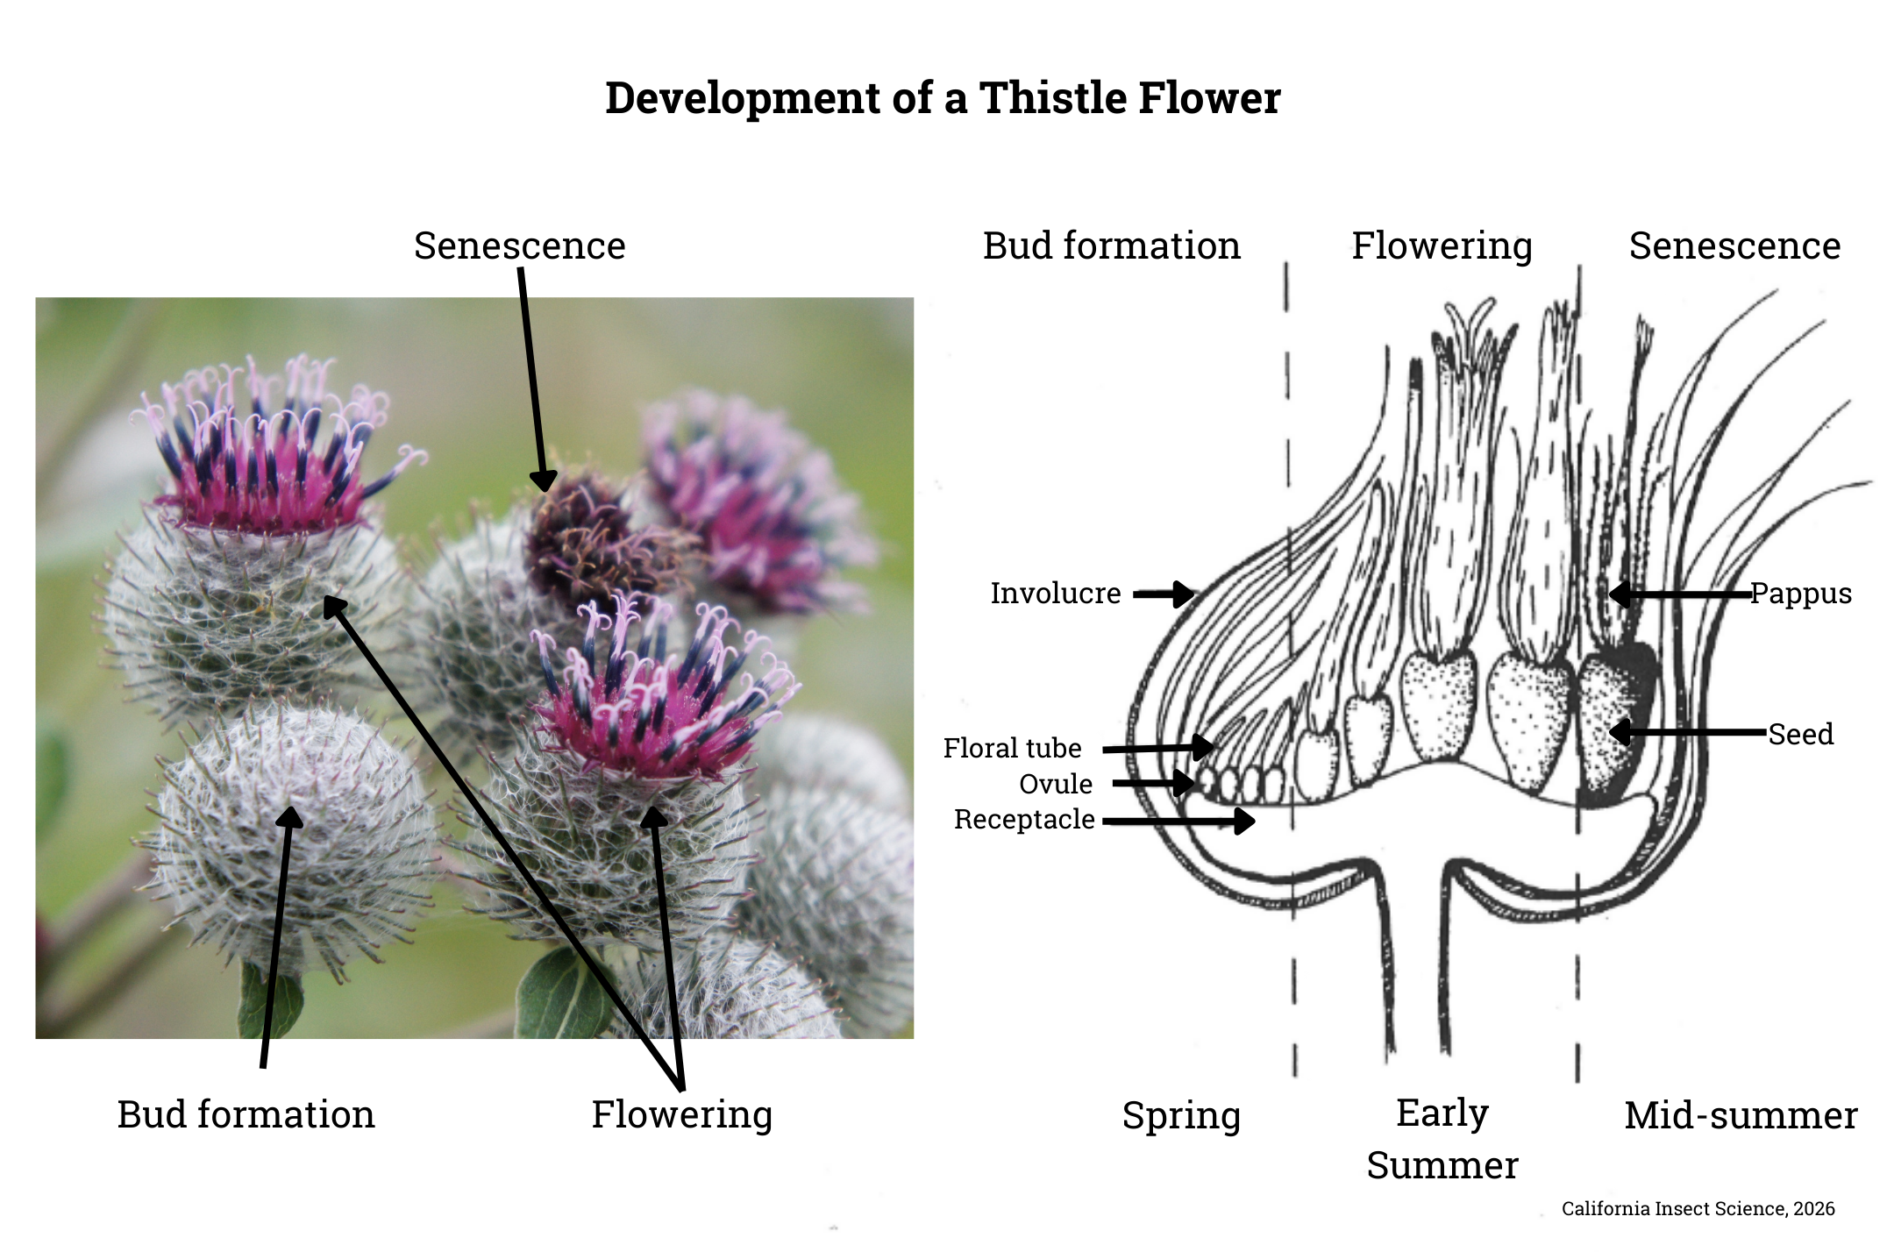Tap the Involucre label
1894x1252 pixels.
tap(1055, 594)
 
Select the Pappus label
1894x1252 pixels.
tap(1801, 594)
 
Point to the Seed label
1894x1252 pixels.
tap(1800, 734)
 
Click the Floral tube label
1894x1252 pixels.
tap(1012, 748)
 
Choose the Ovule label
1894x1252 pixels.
tap(1056, 784)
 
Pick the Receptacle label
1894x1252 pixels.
tap(1024, 819)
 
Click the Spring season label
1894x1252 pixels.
tap(1181, 1115)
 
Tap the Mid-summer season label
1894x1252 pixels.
tap(1741, 1115)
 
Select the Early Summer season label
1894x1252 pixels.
tap(1442, 1139)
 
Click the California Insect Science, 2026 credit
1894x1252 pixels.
tap(1698, 1208)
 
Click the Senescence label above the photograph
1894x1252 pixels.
tap(519, 245)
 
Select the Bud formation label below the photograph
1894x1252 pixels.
tap(246, 1114)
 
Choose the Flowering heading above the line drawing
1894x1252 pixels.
tap(1442, 245)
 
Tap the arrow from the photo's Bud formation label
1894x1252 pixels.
tap(276, 938)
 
